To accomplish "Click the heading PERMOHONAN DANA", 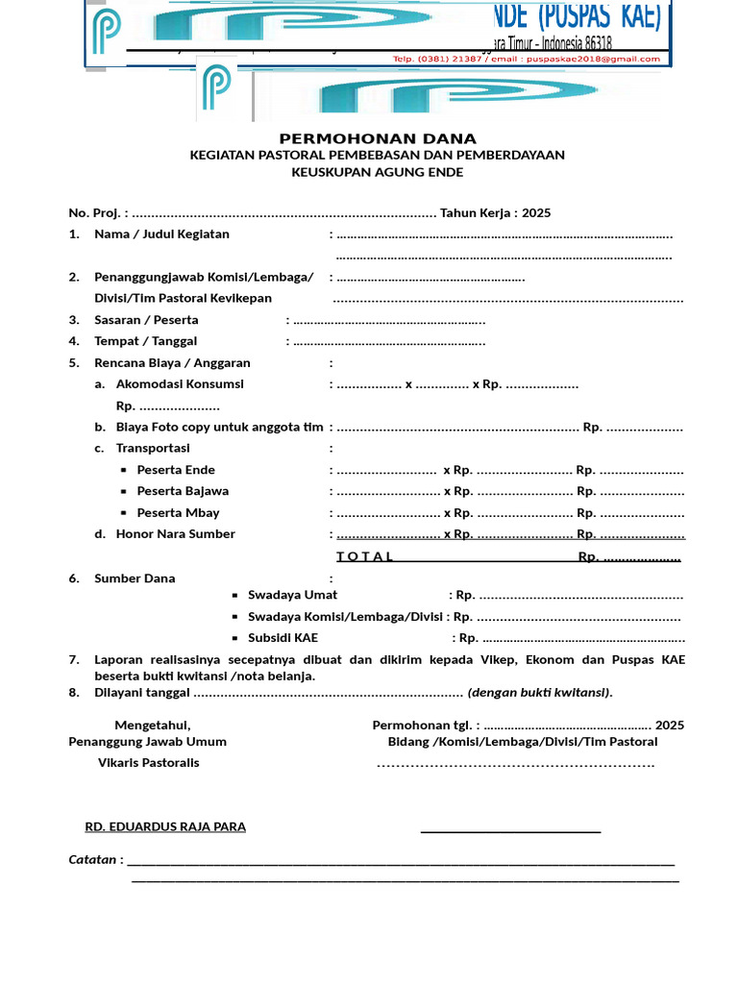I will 378,138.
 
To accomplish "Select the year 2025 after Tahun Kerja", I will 536,213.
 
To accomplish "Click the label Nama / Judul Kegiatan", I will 161,234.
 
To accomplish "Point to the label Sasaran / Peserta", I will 146,320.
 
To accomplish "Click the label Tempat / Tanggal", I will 145,341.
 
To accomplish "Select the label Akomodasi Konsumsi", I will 180,384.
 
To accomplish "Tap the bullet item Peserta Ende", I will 176,470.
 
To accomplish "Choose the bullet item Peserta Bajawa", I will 183,491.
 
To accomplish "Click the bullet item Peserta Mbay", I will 178,513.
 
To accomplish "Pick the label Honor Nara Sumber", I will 175,534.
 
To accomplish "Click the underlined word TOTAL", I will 365,557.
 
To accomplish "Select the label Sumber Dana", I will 135,578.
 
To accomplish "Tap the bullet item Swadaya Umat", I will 292,596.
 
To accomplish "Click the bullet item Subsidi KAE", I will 283,638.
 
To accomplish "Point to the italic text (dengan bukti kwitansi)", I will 540,693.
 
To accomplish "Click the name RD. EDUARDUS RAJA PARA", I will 165,826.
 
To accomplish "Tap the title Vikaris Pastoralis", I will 149,763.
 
